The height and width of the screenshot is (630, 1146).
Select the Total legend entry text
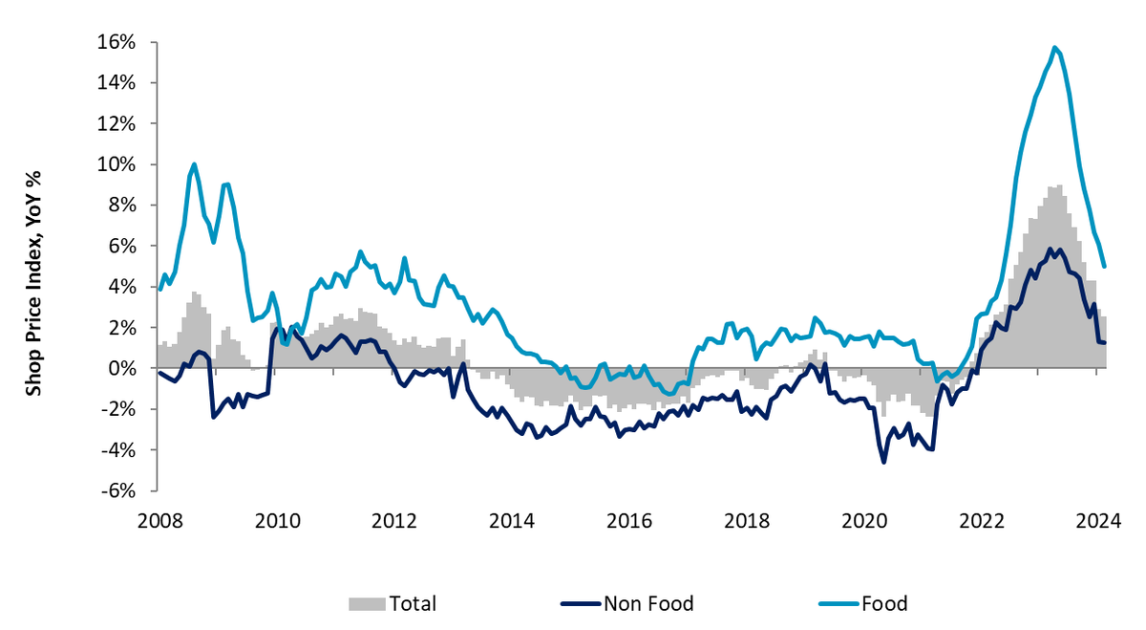point(413,603)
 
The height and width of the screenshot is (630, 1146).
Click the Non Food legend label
point(648,603)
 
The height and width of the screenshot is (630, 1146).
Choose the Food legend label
point(883,603)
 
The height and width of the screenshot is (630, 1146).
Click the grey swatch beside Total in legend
point(367,603)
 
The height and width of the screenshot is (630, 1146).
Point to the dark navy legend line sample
point(580,603)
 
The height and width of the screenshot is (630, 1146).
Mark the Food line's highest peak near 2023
point(1054,47)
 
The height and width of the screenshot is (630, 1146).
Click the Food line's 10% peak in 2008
point(194,163)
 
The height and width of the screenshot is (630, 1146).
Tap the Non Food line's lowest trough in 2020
point(883,463)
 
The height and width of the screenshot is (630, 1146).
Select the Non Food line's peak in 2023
point(1050,250)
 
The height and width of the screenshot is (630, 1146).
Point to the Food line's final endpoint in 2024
point(1104,267)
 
